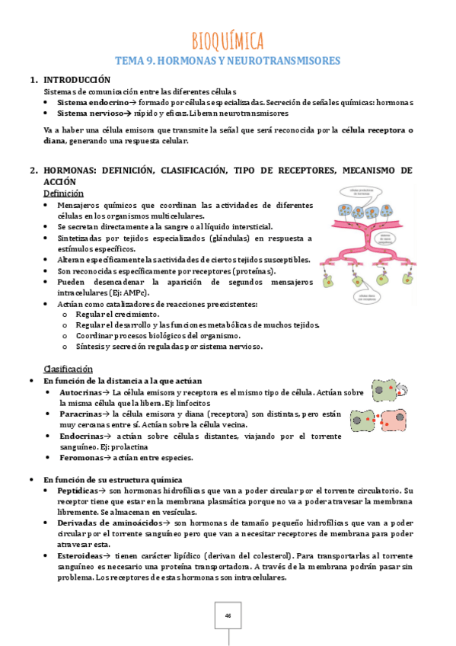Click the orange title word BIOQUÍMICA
click(x=228, y=39)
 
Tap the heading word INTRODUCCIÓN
click(x=77, y=80)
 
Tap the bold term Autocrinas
click(x=81, y=392)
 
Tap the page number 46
click(x=228, y=616)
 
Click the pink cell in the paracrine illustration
click(x=394, y=419)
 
